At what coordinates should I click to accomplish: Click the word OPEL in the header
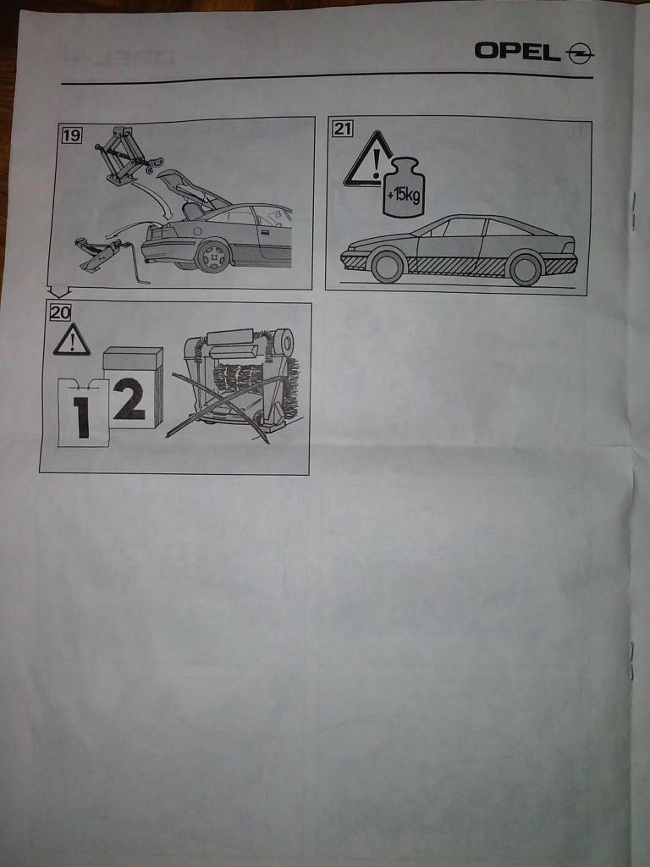tap(517, 52)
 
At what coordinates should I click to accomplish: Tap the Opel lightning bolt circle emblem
tap(579, 53)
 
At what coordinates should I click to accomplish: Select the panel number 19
tap(71, 135)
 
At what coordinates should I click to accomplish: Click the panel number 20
tap(60, 312)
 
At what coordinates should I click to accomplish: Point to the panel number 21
tap(342, 129)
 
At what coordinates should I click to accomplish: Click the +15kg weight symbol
tap(404, 189)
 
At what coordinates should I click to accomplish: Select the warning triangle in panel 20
tap(72, 340)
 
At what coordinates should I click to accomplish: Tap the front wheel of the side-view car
tap(388, 267)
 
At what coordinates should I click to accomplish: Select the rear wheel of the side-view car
tap(525, 268)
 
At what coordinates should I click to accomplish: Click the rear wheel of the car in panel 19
tap(212, 256)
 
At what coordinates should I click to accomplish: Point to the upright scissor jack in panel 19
tap(125, 157)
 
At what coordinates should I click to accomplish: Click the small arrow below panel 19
tap(59, 291)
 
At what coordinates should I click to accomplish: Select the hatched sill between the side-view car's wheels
tap(456, 267)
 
